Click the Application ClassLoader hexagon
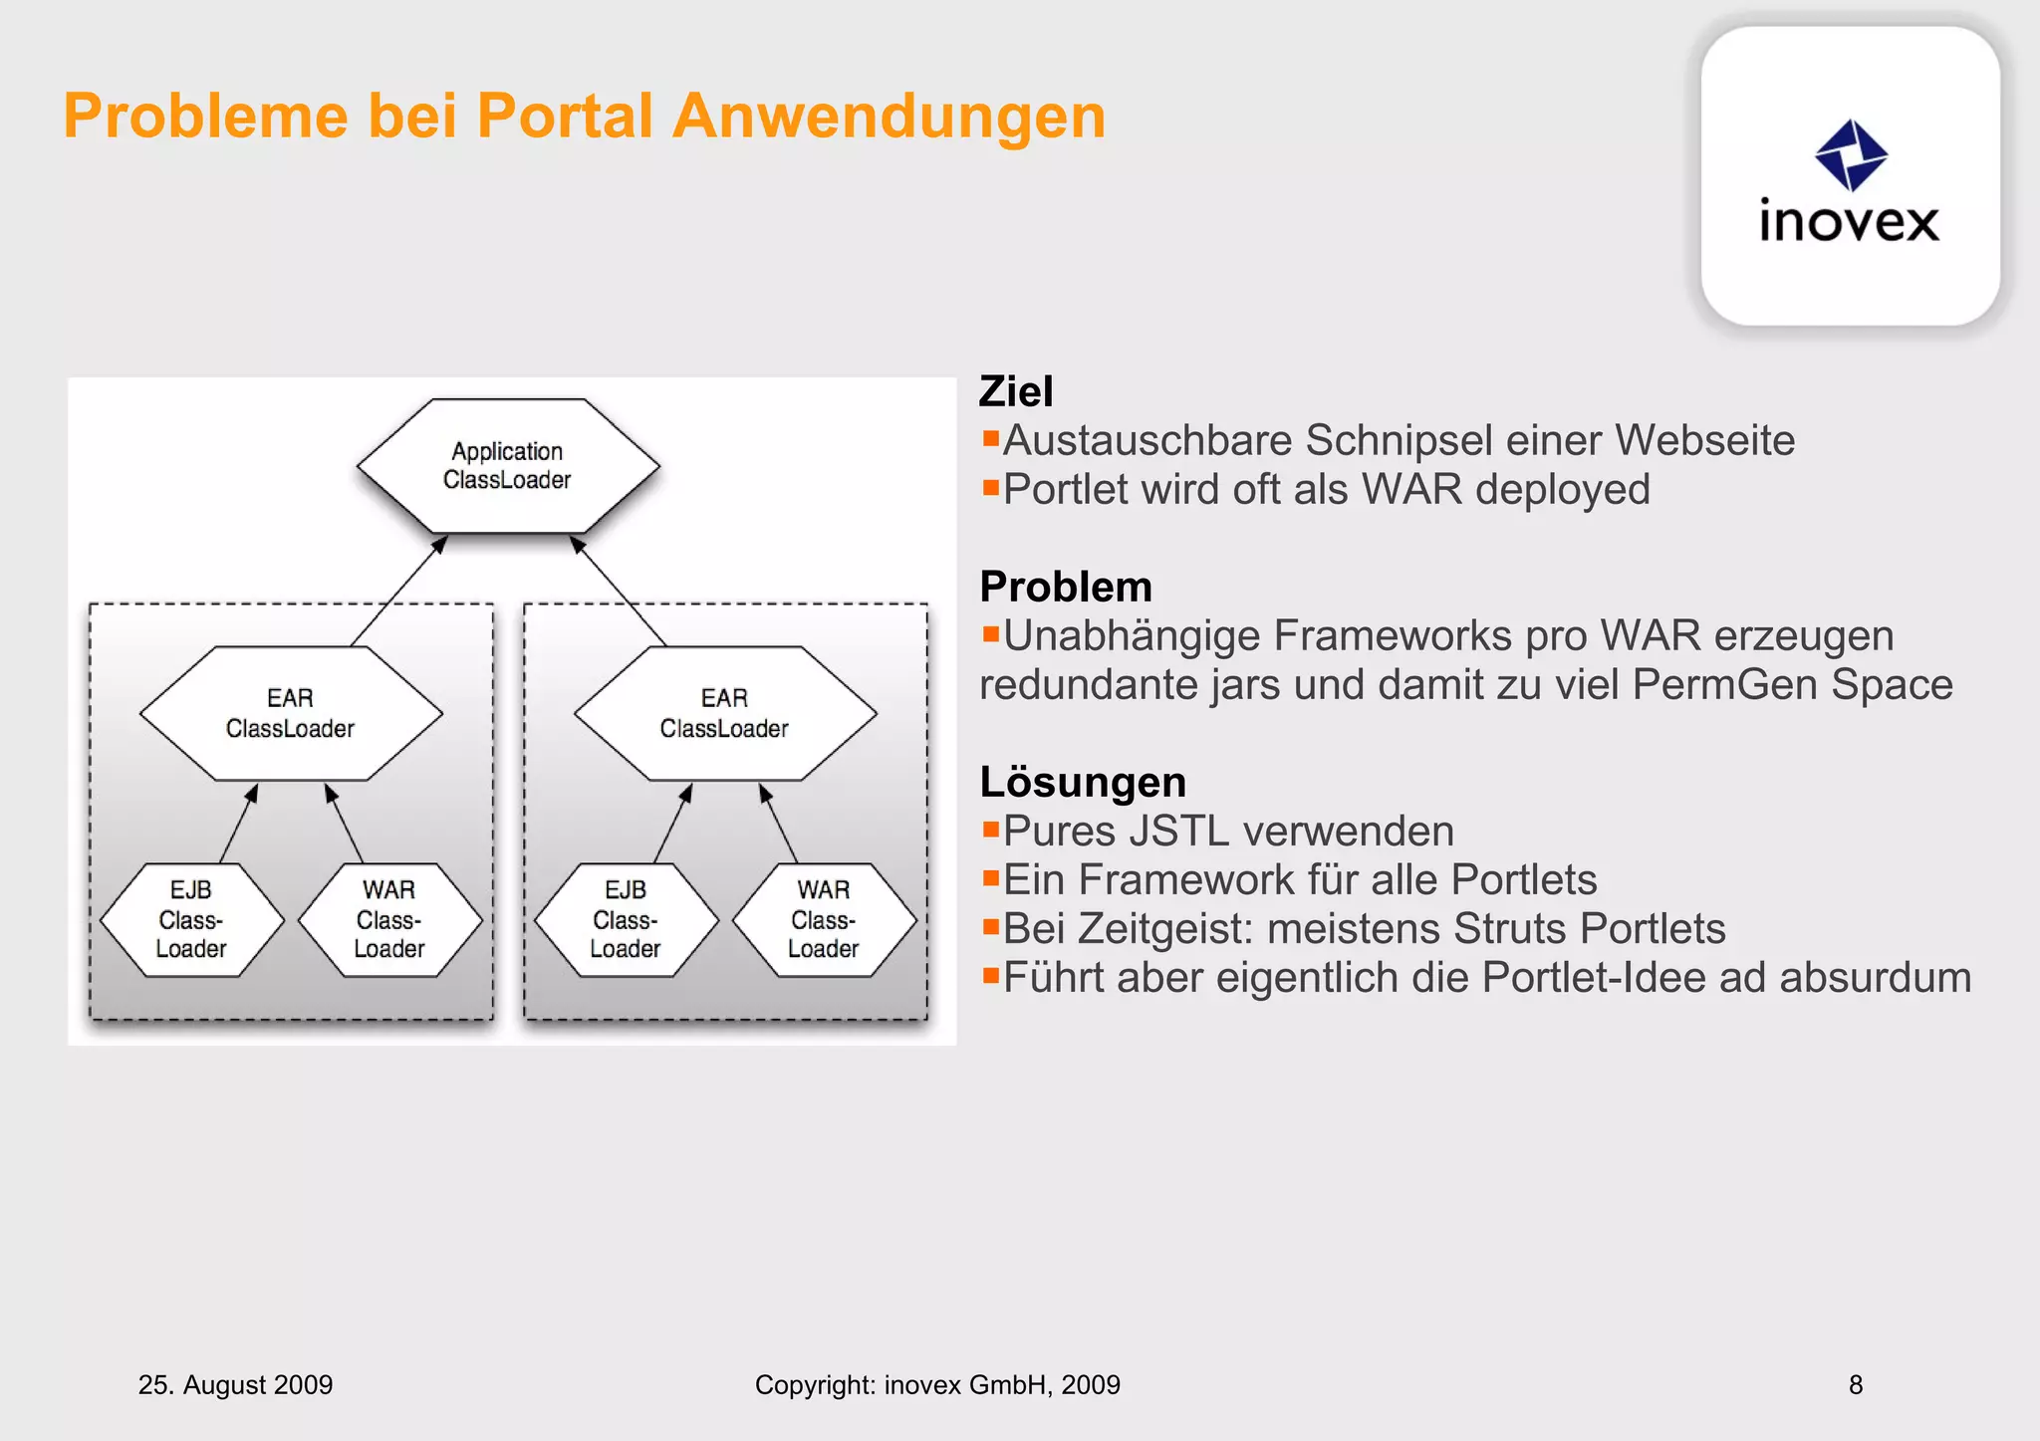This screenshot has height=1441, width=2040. pyautogui.click(x=508, y=466)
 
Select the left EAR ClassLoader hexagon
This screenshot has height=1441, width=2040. pyautogui.click(x=291, y=713)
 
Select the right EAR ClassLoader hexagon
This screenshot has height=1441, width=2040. pyautogui.click(x=725, y=713)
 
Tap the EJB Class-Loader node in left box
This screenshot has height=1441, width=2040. pyautogui.click(x=191, y=919)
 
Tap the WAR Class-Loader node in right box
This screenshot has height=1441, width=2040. pyautogui.click(x=824, y=919)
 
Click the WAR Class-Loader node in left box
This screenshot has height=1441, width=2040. pyautogui.click(x=389, y=919)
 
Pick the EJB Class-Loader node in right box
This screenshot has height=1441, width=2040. pyautogui.click(x=626, y=919)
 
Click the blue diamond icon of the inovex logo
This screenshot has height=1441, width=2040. pyautogui.click(x=1851, y=155)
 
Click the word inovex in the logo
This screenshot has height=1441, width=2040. pyautogui.click(x=1849, y=221)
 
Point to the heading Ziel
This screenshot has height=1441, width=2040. pyautogui.click(x=1015, y=391)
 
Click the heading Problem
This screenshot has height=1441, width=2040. pyautogui.click(x=1065, y=587)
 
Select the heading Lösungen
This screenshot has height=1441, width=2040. pyautogui.click(x=1082, y=782)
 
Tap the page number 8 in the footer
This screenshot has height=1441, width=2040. pyautogui.click(x=1855, y=1384)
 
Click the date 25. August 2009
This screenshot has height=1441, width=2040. pyautogui.click(x=235, y=1384)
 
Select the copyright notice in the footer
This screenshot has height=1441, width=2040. pyautogui.click(x=937, y=1384)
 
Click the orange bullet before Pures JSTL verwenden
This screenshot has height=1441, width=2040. pyautogui.click(x=990, y=829)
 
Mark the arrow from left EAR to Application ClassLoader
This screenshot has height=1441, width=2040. pyautogui.click(x=398, y=592)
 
